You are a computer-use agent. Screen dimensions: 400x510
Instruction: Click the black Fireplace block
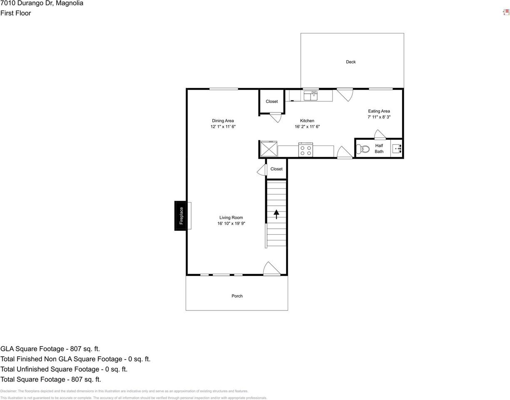(x=181, y=215)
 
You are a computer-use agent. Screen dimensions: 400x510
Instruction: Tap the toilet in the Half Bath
(x=363, y=149)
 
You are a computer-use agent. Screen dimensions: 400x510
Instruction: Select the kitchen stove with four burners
(x=306, y=150)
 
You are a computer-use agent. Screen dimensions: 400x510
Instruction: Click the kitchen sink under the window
(x=310, y=96)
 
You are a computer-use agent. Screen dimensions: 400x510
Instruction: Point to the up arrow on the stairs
(x=276, y=214)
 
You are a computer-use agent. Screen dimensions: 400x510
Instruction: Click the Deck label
(x=351, y=62)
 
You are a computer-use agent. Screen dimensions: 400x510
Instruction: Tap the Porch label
(x=237, y=296)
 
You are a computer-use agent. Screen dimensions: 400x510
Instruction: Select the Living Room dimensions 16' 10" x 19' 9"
(x=231, y=224)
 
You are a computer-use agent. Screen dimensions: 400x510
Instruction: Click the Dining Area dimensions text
(x=223, y=127)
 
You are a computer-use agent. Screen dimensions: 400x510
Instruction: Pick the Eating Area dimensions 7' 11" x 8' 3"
(x=379, y=117)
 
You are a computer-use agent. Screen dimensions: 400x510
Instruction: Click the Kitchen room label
(x=307, y=121)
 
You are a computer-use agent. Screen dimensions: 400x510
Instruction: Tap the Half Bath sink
(x=397, y=148)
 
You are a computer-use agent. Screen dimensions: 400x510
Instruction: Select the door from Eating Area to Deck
(x=345, y=94)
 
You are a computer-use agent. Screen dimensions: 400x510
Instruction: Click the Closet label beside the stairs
(x=276, y=169)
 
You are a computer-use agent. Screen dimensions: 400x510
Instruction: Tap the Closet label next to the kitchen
(x=271, y=102)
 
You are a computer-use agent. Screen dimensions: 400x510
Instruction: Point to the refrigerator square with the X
(x=269, y=149)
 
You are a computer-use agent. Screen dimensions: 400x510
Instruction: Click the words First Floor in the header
(x=16, y=13)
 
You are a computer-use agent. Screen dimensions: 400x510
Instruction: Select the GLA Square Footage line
(x=50, y=349)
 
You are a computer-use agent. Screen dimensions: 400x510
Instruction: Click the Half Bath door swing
(x=380, y=135)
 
